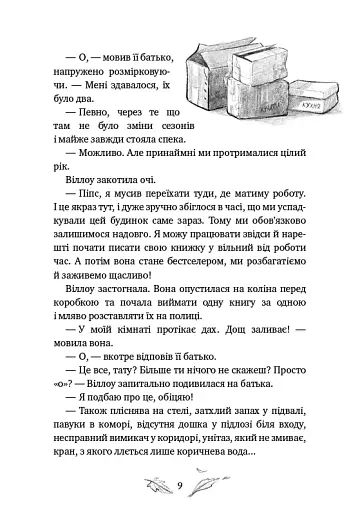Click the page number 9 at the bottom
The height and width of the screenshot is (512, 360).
(x=180, y=487)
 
